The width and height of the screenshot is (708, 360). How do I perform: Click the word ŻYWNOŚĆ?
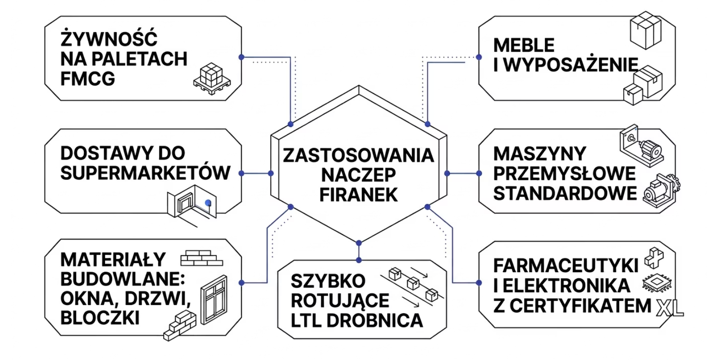click(x=109, y=38)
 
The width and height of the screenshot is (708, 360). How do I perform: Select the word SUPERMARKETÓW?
click(x=145, y=173)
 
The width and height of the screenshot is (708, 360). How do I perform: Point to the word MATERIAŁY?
click(x=113, y=260)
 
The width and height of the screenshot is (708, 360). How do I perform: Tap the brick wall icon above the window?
click(x=201, y=258)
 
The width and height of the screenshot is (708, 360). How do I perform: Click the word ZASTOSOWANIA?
click(x=358, y=155)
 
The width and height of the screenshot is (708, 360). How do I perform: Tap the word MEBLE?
click(x=524, y=46)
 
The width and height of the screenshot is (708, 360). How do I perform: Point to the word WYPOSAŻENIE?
click(x=571, y=65)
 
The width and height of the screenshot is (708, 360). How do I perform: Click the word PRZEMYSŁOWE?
click(x=564, y=173)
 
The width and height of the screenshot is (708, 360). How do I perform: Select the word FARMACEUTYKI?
click(x=566, y=266)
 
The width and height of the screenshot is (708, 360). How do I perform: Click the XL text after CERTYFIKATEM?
click(x=670, y=307)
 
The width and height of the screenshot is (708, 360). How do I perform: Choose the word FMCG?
click(x=87, y=79)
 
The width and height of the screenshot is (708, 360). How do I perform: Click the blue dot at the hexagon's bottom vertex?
click(x=359, y=243)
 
